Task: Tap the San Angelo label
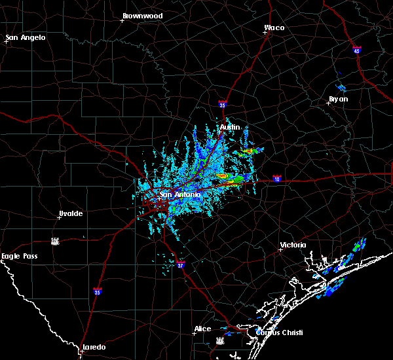pyautogui.click(x=27, y=37)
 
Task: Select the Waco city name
pyautogui.click(x=274, y=27)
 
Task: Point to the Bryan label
pyautogui.click(x=339, y=99)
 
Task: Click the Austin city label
pyautogui.click(x=230, y=127)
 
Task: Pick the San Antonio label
pyautogui.click(x=180, y=194)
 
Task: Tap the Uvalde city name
pyautogui.click(x=71, y=213)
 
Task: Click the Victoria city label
pyautogui.click(x=293, y=245)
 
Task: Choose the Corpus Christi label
pyautogui.click(x=279, y=333)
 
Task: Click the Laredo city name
pyautogui.click(x=94, y=347)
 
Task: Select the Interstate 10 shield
pyautogui.click(x=277, y=179)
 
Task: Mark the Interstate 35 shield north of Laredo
pyautogui.click(x=98, y=291)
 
